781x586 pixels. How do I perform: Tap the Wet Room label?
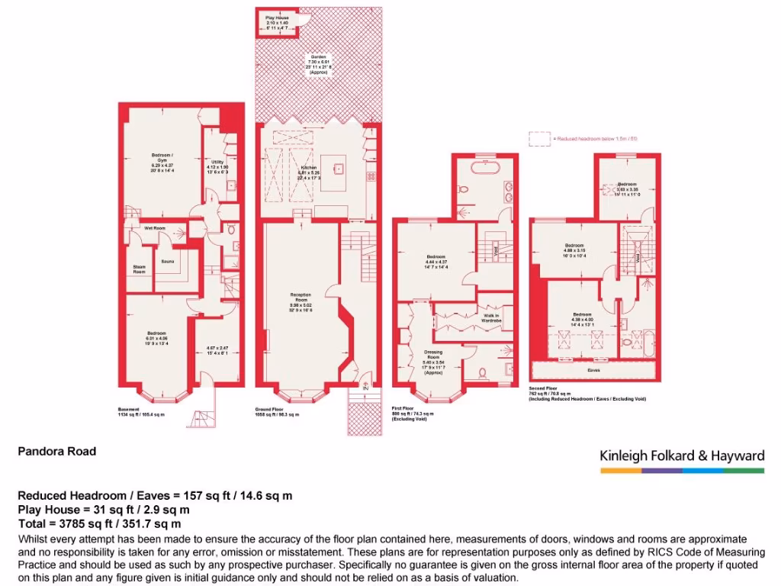pyautogui.click(x=156, y=228)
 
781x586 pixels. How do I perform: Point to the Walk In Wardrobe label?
pyautogui.click(x=491, y=317)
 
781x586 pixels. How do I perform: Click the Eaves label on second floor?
pyautogui.click(x=593, y=370)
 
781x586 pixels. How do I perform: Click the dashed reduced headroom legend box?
pyautogui.click(x=539, y=138)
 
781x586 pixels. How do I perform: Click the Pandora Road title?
pyautogui.click(x=57, y=451)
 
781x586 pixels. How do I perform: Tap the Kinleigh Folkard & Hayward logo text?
pyautogui.click(x=681, y=456)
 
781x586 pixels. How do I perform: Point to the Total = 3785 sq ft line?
pyautogui.click(x=99, y=523)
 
